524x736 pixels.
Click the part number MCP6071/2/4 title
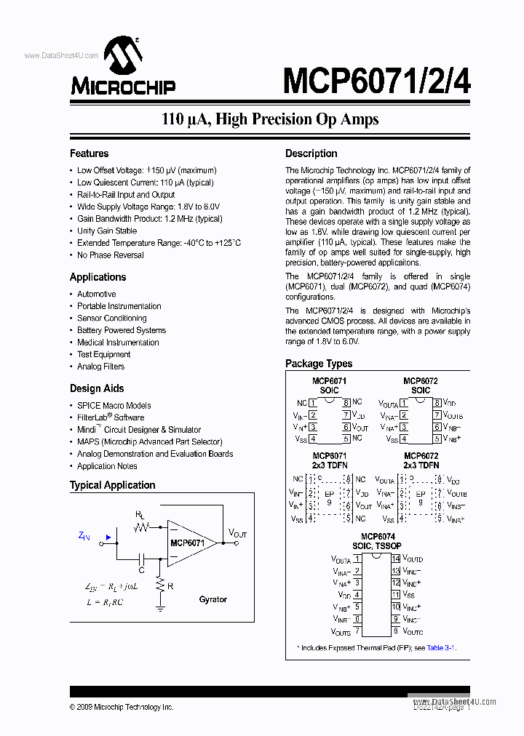click(x=376, y=81)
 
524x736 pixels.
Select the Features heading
click(x=89, y=153)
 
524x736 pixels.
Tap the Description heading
click(x=311, y=153)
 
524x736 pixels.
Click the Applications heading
click(x=98, y=277)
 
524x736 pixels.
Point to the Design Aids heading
click(x=97, y=388)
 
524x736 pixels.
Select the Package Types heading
click(x=319, y=364)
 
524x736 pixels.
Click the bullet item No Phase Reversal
click(x=111, y=255)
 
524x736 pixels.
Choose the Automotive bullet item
click(x=97, y=294)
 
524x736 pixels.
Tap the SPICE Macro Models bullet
click(x=114, y=405)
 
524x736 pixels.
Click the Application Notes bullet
click(x=107, y=466)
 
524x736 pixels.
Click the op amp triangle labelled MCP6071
click(x=188, y=543)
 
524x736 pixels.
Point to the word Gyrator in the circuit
click(x=213, y=599)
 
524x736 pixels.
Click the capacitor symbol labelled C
click(x=143, y=559)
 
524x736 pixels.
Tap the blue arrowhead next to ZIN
click(x=108, y=539)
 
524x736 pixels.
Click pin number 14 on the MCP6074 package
click(x=396, y=559)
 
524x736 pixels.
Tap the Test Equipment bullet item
click(x=104, y=354)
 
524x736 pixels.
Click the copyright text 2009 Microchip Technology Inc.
click(x=122, y=707)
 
